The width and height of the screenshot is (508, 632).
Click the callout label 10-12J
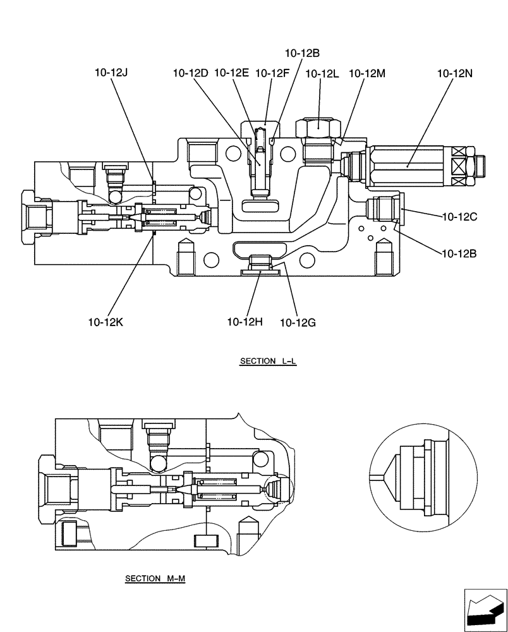click(x=111, y=73)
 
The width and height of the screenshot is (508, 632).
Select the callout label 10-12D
click(x=190, y=73)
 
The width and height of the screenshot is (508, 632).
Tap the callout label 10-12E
click(x=231, y=73)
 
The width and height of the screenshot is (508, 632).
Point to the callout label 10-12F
click(x=272, y=73)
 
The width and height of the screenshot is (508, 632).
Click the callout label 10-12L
click(x=322, y=73)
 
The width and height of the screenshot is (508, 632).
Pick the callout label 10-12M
click(x=367, y=73)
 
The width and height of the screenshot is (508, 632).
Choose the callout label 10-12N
click(x=454, y=73)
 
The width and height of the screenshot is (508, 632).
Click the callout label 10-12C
click(x=459, y=217)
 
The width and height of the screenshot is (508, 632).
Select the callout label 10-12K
click(x=106, y=322)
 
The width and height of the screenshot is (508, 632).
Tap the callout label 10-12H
click(x=245, y=322)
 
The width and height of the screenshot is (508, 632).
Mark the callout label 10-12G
click(x=298, y=322)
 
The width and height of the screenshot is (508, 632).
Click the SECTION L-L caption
click(x=268, y=362)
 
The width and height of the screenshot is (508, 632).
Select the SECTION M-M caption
click(x=155, y=578)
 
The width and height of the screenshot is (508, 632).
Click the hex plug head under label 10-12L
click(x=320, y=127)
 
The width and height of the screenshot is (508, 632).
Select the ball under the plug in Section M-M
click(x=157, y=464)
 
